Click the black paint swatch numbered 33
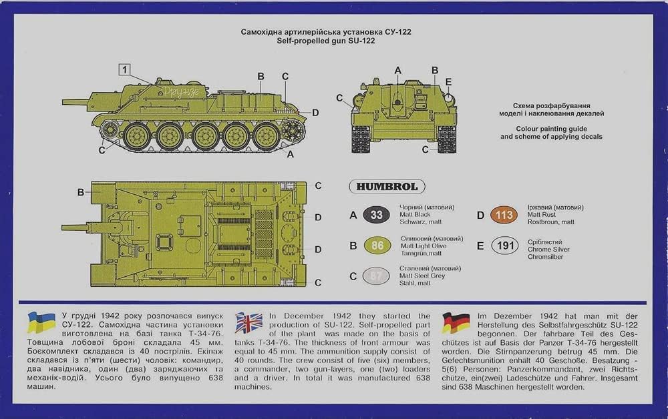pos(376,215)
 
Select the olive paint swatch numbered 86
pos(376,246)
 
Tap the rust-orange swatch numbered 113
pos(504,215)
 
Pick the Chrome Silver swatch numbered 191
pos(504,246)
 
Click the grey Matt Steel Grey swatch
pos(376,276)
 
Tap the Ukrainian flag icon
pos(41,322)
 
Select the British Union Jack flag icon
pos(248,322)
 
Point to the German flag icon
pos(456,322)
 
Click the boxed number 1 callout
pos(124,68)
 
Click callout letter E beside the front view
pos(449,82)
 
